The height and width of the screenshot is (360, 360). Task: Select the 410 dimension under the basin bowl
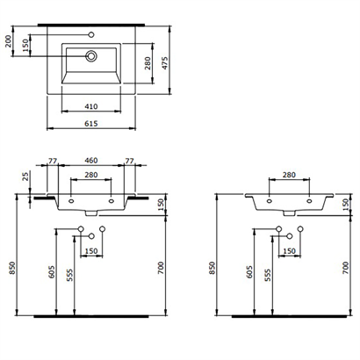(90, 105)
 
